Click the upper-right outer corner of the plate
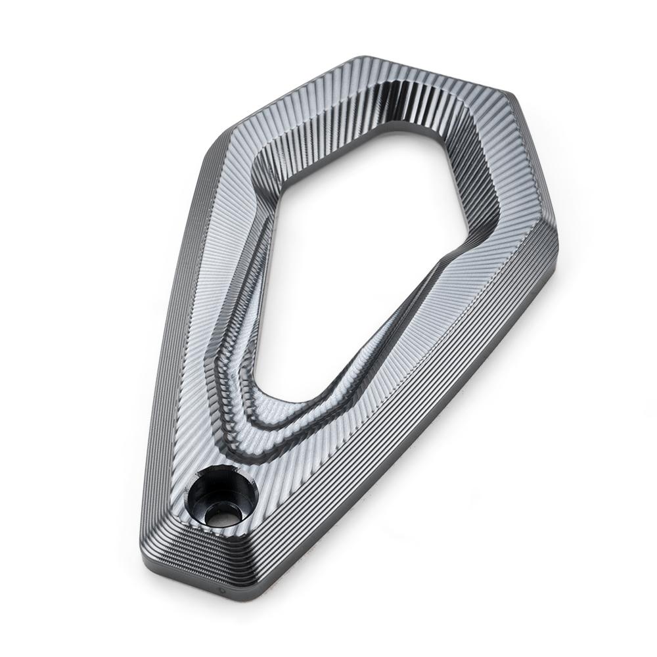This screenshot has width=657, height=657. point(509,92)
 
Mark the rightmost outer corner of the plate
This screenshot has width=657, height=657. point(558,243)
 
